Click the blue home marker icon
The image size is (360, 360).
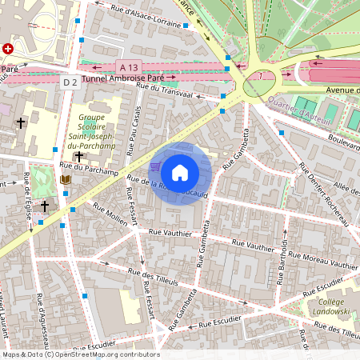pyautogui.click(x=180, y=172)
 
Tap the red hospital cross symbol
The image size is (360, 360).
pyautogui.click(x=9, y=49)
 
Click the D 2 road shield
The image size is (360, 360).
pyautogui.click(x=70, y=82)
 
